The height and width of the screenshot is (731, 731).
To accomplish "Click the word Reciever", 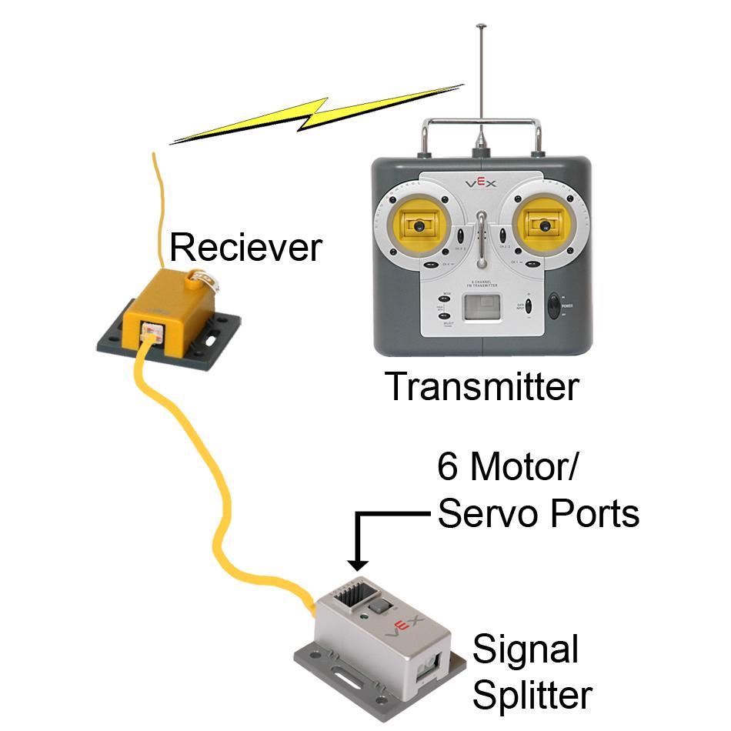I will pyautogui.click(x=244, y=248).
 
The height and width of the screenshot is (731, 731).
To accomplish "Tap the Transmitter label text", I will pyautogui.click(x=482, y=387).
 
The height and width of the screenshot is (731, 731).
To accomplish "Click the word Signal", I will pyautogui.click(x=525, y=651).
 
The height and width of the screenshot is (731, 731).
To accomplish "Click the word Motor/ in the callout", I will pyautogui.click(x=519, y=466).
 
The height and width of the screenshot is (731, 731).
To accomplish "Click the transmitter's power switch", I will pyautogui.click(x=554, y=305).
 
